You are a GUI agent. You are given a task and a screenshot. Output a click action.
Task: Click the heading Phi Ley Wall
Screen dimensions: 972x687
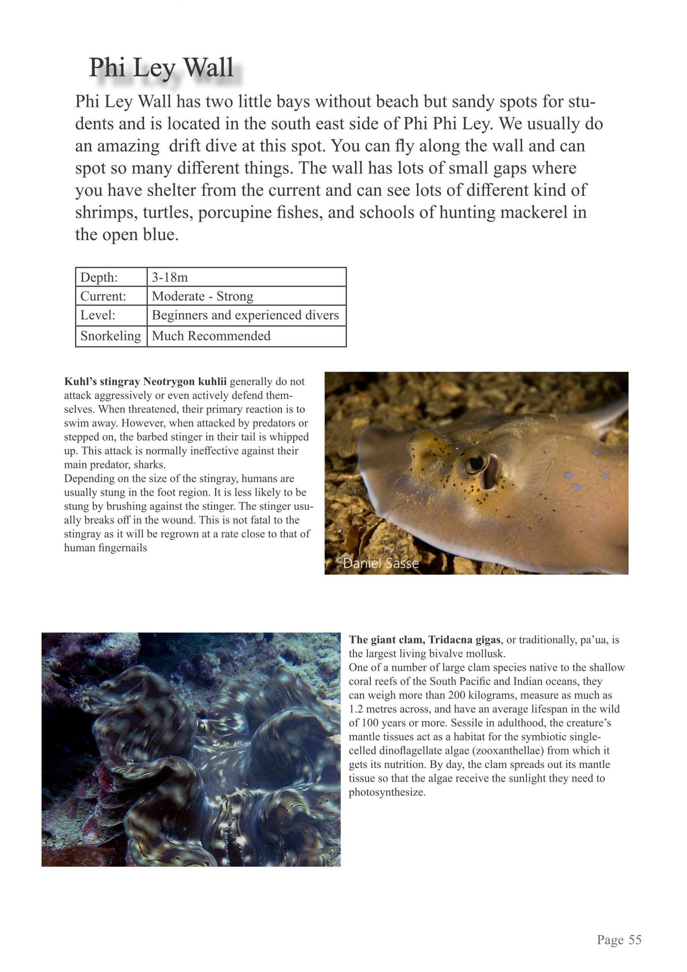tap(161, 68)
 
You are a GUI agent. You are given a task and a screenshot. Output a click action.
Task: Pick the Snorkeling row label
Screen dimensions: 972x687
tap(110, 336)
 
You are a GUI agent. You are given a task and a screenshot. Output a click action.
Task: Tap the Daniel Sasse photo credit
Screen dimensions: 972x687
tap(378, 563)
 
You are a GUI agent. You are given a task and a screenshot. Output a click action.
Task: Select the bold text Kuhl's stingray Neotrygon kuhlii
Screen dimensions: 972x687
tap(145, 382)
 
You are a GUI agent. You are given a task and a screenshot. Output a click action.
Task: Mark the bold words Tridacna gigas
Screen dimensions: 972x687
tap(464, 640)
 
